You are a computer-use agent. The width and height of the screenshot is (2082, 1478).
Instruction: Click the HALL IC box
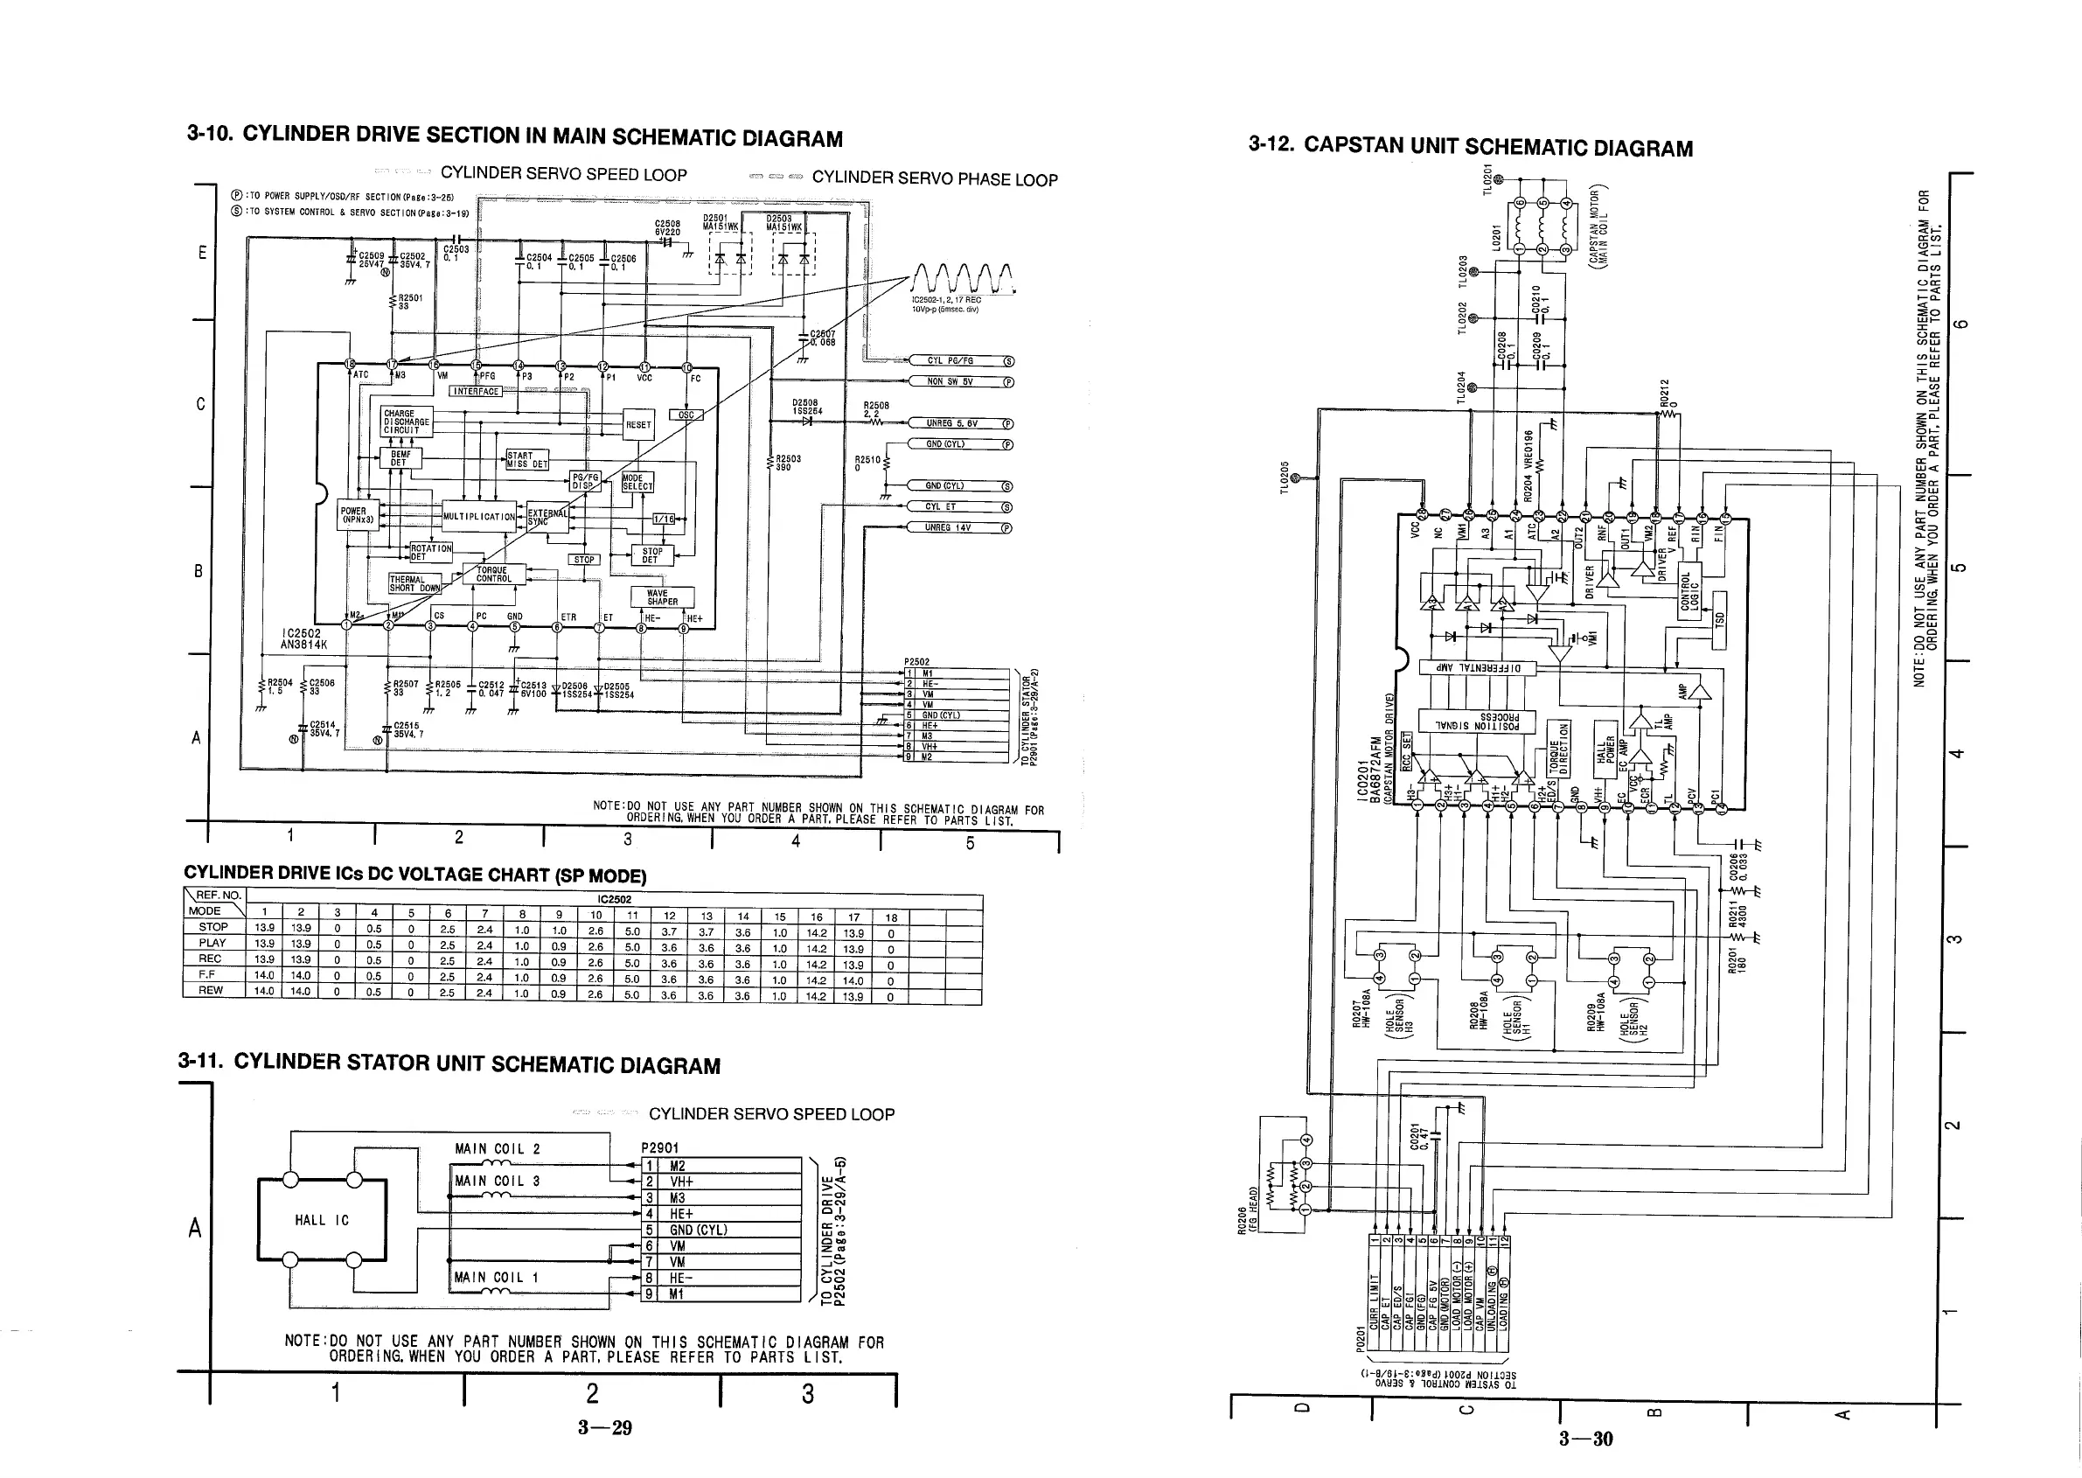[x=322, y=1219]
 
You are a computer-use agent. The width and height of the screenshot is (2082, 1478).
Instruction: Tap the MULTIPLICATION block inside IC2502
[x=478, y=516]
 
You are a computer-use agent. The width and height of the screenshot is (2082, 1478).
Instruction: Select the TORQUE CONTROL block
[x=493, y=575]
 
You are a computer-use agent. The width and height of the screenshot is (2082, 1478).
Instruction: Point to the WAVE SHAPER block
[x=663, y=597]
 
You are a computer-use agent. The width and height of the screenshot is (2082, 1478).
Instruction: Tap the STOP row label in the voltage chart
[x=214, y=927]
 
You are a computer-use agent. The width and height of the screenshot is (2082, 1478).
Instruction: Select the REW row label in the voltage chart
[x=211, y=990]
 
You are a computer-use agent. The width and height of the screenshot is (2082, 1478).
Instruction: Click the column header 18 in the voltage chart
[x=891, y=917]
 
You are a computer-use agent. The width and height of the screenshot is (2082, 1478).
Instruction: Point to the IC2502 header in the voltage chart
[x=614, y=900]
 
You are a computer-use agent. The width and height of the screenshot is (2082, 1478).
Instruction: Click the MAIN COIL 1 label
[x=497, y=1278]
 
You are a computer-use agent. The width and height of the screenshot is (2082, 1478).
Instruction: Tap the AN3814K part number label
[x=303, y=645]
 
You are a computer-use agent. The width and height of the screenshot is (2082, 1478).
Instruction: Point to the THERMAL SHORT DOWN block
[x=414, y=583]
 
